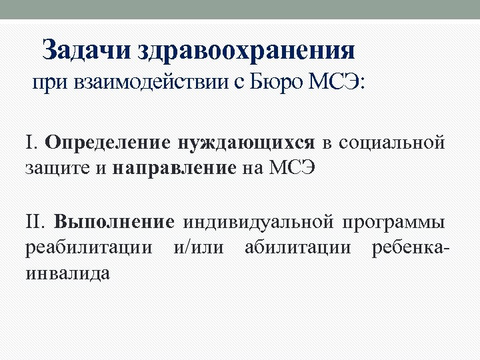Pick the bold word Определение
(x=109, y=143)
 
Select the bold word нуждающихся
(x=246, y=143)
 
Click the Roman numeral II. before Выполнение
(x=36, y=221)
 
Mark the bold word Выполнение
(x=114, y=221)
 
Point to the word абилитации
(x=297, y=247)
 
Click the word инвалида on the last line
(x=67, y=273)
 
